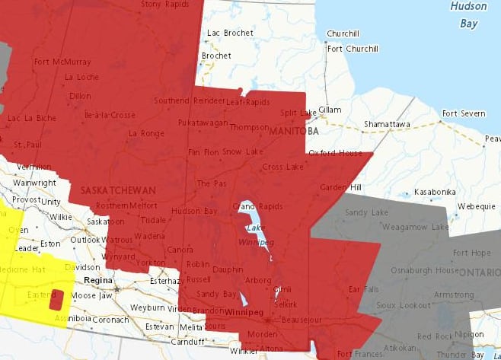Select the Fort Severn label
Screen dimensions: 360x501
(x=463, y=113)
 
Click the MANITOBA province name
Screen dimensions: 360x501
(x=293, y=132)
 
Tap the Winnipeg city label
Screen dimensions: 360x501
(x=245, y=311)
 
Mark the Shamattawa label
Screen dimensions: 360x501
(x=387, y=124)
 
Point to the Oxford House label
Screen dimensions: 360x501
(x=335, y=153)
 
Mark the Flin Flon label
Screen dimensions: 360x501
(x=204, y=152)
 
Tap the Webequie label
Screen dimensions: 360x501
(x=477, y=206)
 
